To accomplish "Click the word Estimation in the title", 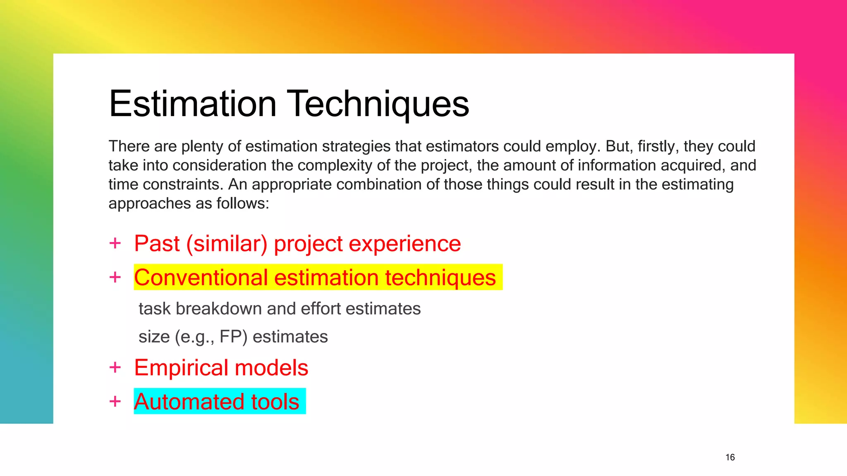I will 193,104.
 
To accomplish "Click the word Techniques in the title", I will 378,104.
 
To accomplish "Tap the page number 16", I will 730,457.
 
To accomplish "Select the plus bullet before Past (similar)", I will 115,243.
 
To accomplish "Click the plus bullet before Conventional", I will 115,277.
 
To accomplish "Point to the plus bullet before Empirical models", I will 115,367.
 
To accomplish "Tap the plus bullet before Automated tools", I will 115,401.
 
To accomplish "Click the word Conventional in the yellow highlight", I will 201,277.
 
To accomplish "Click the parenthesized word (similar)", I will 227,244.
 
